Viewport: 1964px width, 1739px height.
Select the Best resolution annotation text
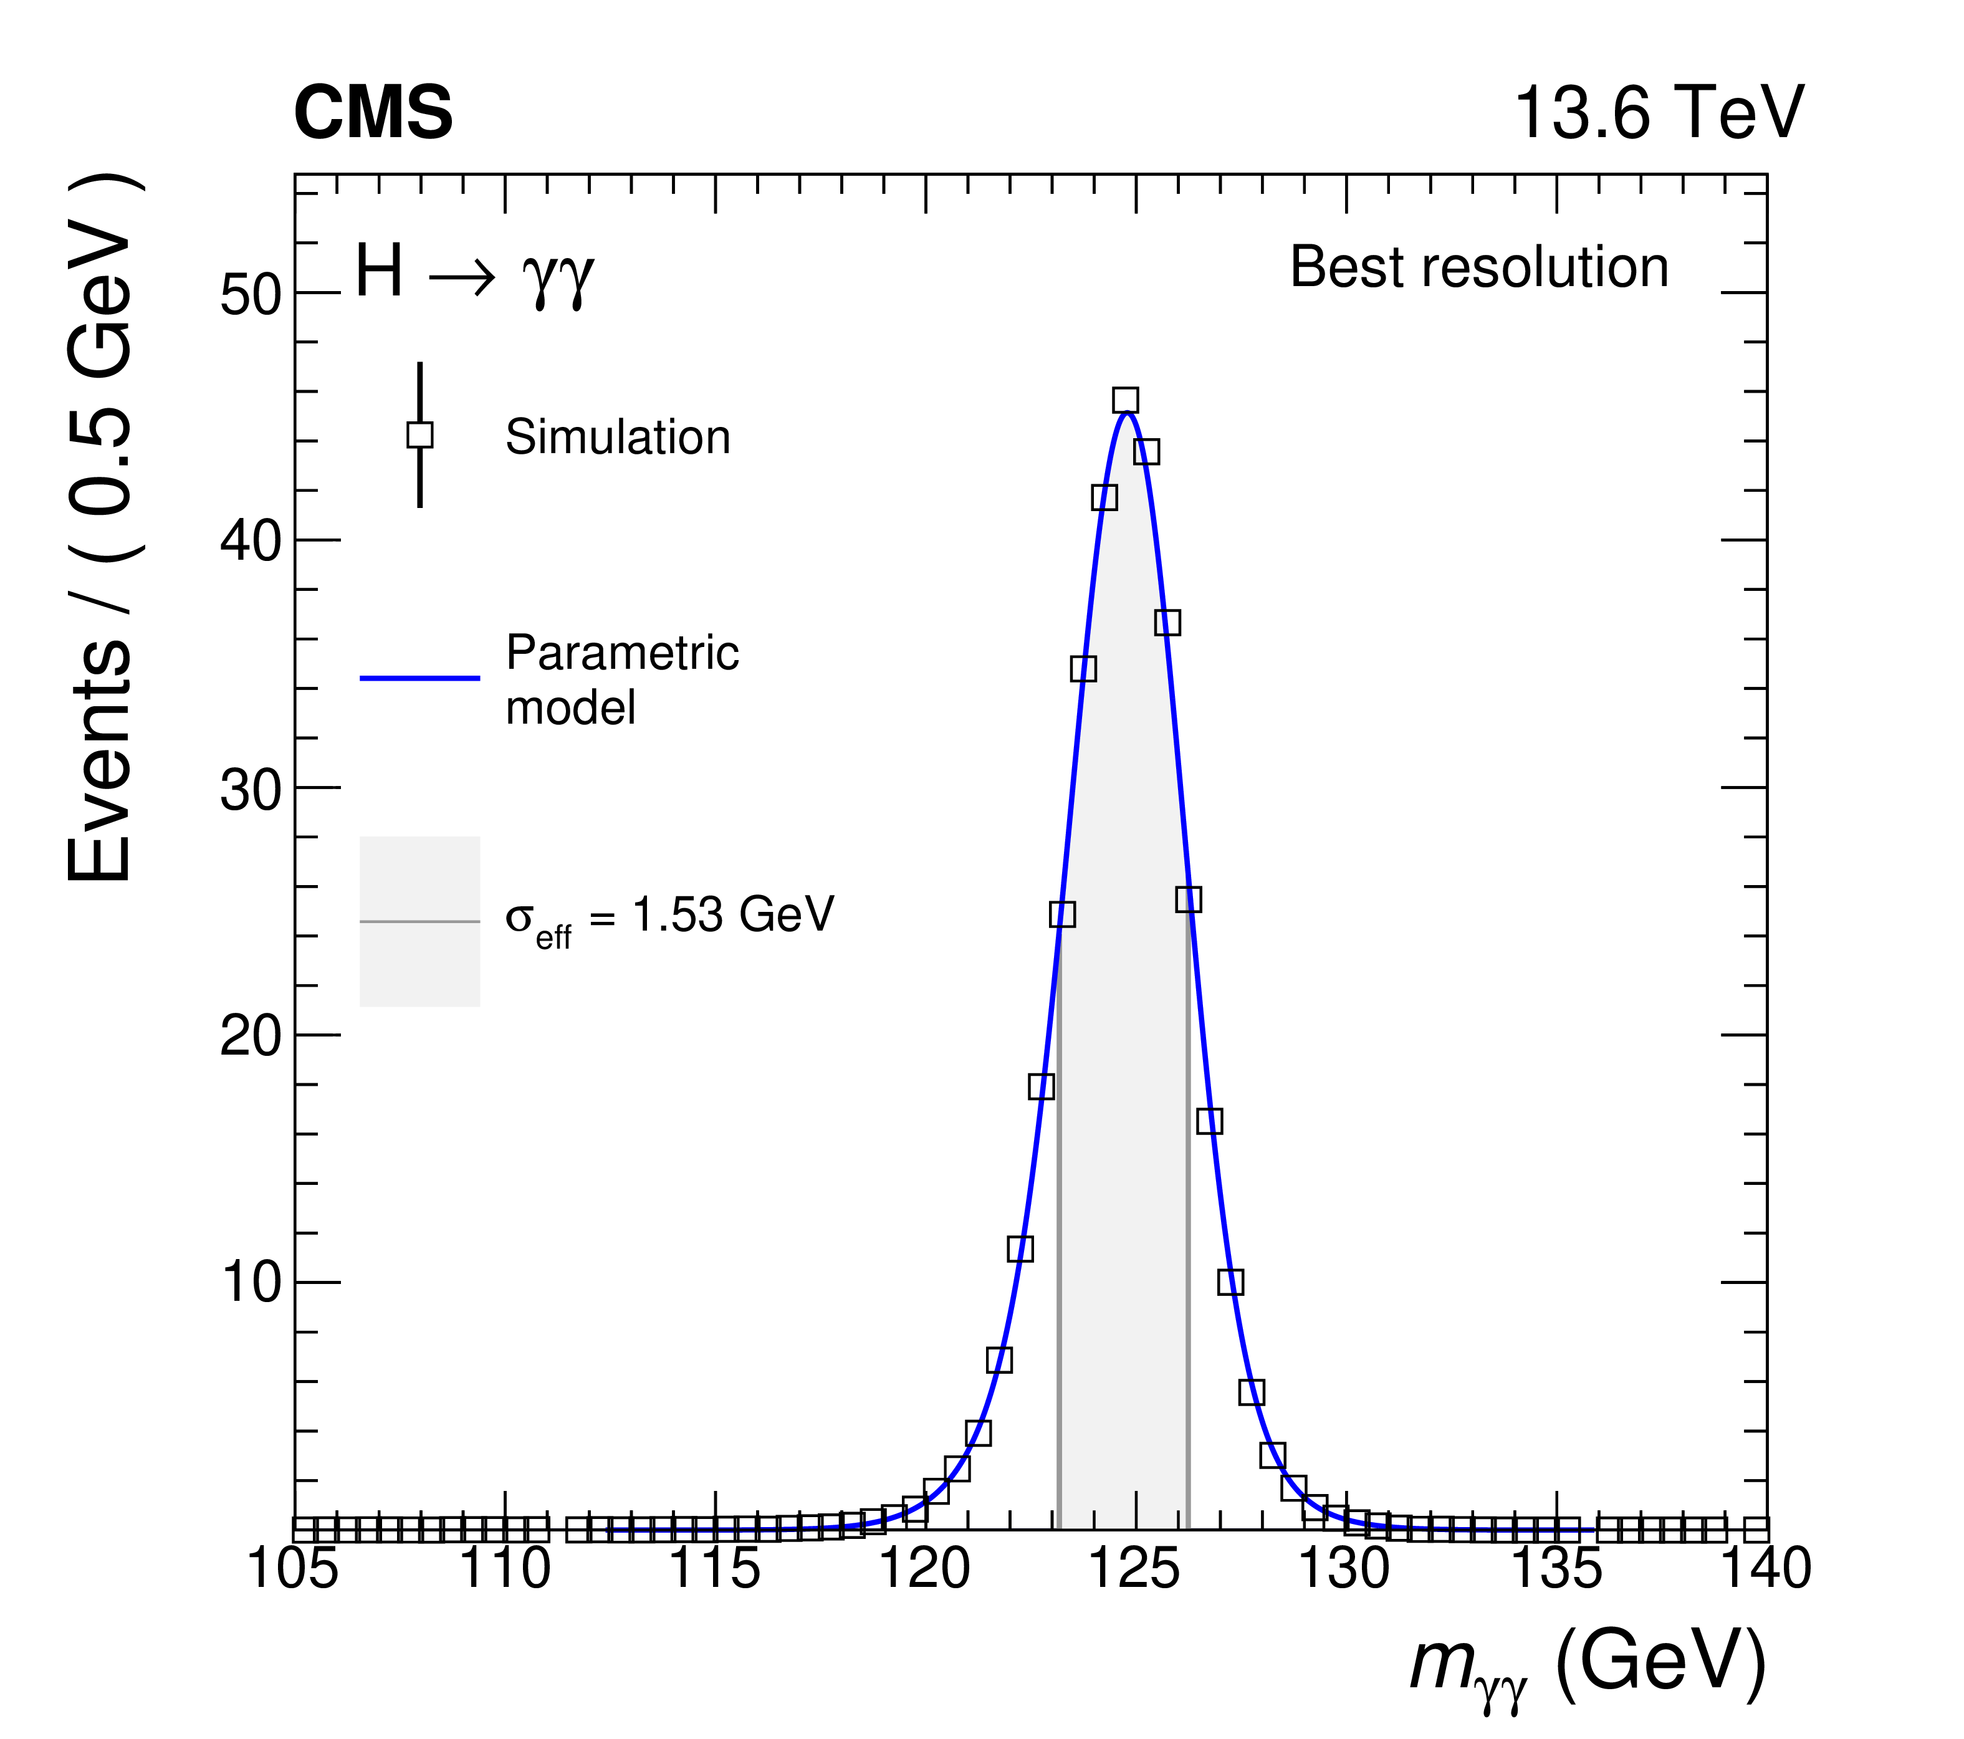click(x=1478, y=267)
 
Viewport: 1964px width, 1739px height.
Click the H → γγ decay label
click(x=475, y=273)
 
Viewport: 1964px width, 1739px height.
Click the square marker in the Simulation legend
click(x=420, y=435)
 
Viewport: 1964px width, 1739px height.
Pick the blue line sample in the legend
click(x=420, y=678)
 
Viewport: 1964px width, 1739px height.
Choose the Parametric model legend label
click(x=621, y=680)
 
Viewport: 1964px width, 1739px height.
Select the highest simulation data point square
click(x=1125, y=401)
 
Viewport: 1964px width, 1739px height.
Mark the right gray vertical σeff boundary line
click(x=1187, y=1249)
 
